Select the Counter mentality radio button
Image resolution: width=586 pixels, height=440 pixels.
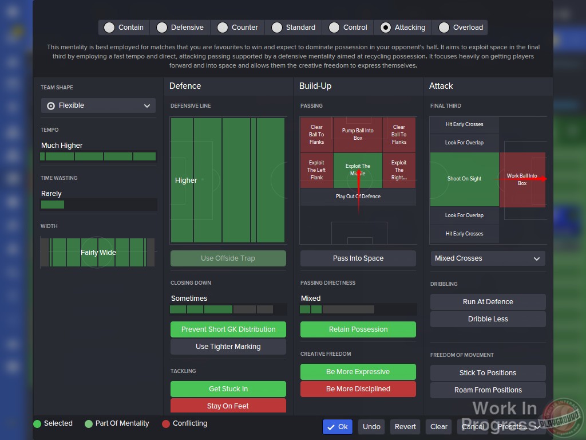(222, 27)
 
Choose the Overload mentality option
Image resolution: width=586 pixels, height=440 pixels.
(444, 27)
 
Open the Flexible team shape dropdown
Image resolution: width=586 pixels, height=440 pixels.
(98, 105)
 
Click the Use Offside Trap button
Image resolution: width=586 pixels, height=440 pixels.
(228, 258)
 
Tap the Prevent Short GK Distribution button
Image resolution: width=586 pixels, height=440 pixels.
(228, 329)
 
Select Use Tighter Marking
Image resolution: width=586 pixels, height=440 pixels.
(228, 347)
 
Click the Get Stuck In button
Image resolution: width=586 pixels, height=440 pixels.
(228, 389)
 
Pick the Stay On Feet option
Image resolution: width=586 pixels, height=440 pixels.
(228, 406)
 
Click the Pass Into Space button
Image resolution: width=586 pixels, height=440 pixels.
(358, 258)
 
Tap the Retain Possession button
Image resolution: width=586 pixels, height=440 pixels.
(358, 329)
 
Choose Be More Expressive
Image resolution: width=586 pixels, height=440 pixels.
(358, 372)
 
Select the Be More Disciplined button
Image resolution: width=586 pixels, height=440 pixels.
(358, 389)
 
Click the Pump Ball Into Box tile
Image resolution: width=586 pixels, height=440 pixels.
(358, 134)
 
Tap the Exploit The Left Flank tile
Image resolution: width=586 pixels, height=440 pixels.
(316, 170)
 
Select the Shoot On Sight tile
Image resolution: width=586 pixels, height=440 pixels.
(464, 179)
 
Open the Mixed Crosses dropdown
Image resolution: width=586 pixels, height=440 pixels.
(488, 258)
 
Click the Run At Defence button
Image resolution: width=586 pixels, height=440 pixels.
(488, 302)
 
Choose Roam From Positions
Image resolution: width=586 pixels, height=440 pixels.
(488, 390)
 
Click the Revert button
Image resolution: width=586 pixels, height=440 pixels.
(405, 426)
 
